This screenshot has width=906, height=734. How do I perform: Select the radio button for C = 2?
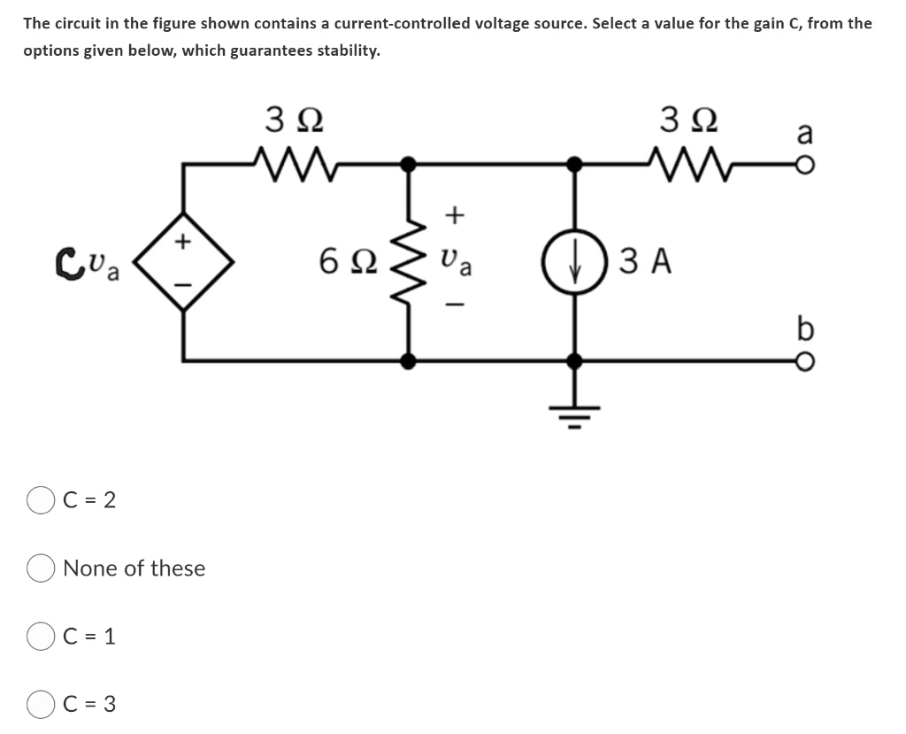click(x=42, y=500)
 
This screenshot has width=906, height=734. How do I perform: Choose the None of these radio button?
click(x=42, y=568)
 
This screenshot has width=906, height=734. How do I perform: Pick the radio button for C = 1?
click(x=42, y=637)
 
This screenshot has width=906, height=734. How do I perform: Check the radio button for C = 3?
click(x=42, y=705)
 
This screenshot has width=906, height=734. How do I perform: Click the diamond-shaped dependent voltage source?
click(x=183, y=261)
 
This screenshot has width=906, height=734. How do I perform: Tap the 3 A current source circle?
click(x=574, y=262)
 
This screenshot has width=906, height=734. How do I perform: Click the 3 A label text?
click(x=646, y=262)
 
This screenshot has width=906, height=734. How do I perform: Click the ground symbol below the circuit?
click(x=574, y=409)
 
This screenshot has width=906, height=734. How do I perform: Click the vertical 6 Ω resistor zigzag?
click(x=408, y=262)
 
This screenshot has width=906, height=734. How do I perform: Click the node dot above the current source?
click(x=574, y=164)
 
